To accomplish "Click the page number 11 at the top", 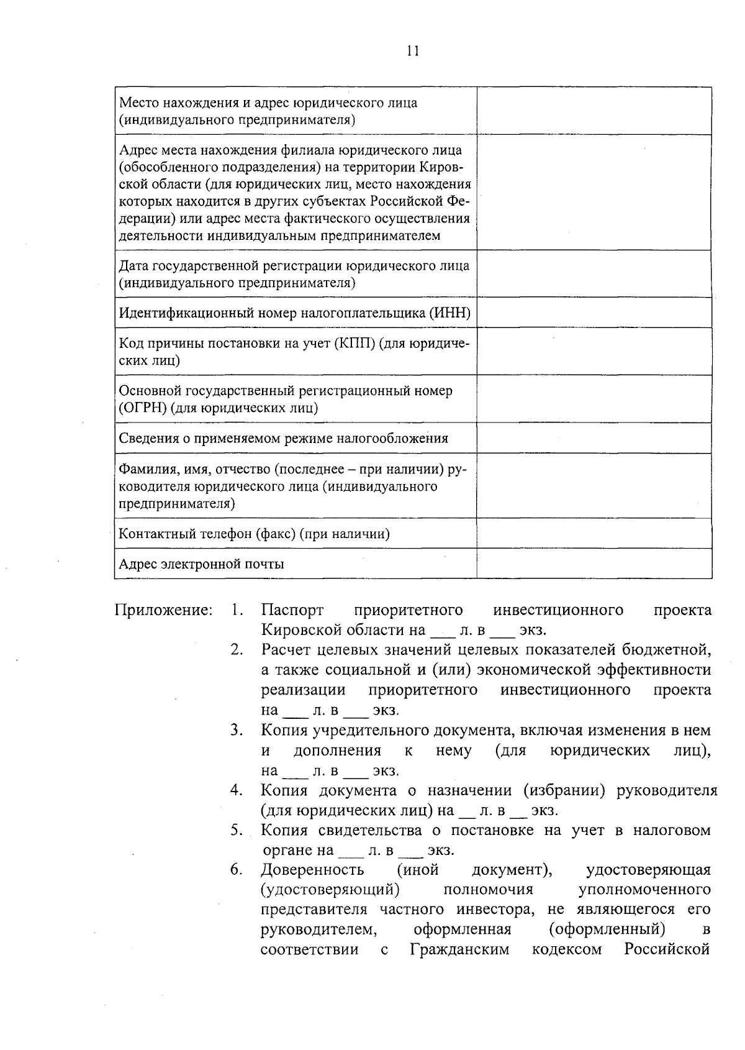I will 413,51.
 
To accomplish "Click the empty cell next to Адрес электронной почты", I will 594,564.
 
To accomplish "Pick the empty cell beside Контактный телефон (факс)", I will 594,533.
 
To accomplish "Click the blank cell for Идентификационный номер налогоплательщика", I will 594,313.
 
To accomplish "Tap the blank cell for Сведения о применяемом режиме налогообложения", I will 594,438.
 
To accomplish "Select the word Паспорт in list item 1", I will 292,610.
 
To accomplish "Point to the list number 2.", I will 236,650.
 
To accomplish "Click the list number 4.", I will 236,790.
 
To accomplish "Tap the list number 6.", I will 236,870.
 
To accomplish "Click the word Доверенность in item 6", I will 312,870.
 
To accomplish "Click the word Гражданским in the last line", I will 459,949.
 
